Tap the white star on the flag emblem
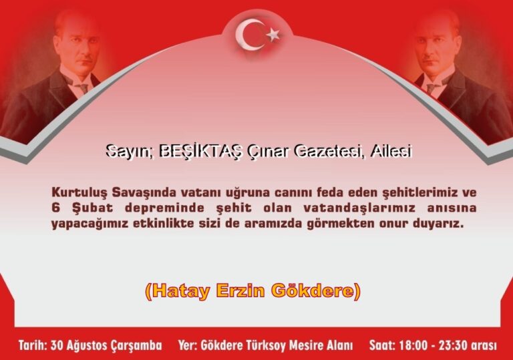[272, 34]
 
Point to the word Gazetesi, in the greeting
[330, 152]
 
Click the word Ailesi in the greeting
[391, 152]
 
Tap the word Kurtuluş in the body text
[79, 192]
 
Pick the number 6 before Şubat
[55, 208]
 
